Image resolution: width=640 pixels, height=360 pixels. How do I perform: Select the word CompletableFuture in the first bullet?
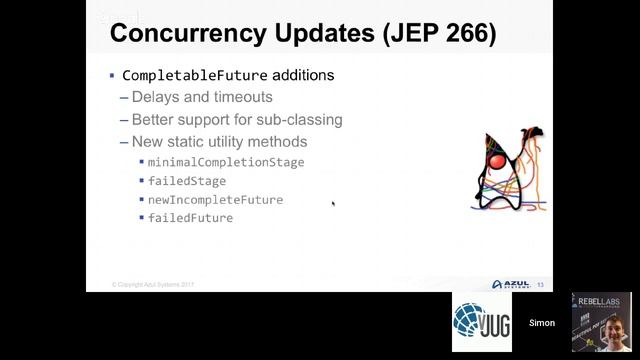coord(194,76)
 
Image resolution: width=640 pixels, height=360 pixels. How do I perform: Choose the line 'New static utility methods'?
coord(219,141)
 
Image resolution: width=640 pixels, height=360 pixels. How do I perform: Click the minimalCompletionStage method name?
coord(226,162)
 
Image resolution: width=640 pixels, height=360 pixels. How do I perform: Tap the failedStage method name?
coord(187,181)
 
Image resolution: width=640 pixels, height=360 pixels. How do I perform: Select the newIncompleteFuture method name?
coord(215,199)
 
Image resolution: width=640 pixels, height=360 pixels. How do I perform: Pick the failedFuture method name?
coord(190,217)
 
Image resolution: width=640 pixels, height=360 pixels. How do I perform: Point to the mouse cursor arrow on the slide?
coord(333,204)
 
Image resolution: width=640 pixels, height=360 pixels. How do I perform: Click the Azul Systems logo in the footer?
coord(511,284)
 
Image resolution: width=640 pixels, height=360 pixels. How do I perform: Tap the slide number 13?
coord(541,285)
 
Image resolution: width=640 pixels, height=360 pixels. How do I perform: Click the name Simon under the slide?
coord(542,324)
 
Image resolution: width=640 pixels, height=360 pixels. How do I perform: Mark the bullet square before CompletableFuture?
coord(113,76)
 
